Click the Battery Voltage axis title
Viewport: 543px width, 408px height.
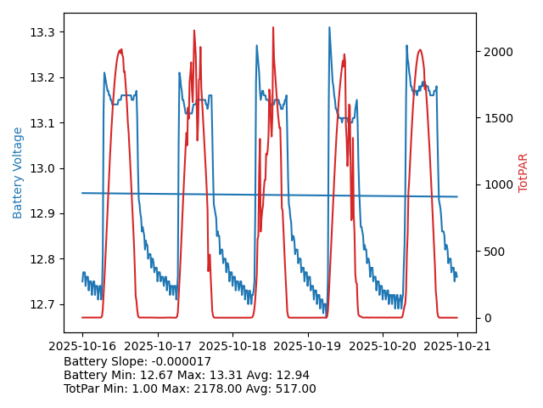[x=18, y=173]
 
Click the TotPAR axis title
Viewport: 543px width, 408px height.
[x=523, y=173]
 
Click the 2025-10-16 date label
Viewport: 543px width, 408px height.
[x=82, y=346]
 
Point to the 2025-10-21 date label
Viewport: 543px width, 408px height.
[x=457, y=346]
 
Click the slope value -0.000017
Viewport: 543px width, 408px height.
[x=180, y=361]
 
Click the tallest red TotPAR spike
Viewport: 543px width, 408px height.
[x=273, y=28]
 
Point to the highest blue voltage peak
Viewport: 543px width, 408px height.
[x=330, y=28]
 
